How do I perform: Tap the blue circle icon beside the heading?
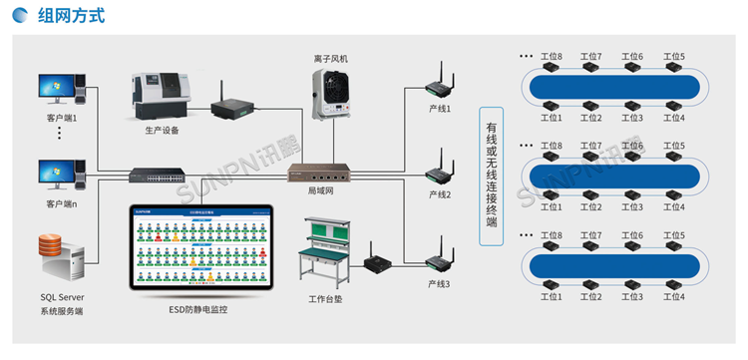pyautogui.click(x=20, y=17)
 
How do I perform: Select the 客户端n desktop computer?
pyautogui.click(x=60, y=176)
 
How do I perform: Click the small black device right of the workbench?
pyautogui.click(x=377, y=263)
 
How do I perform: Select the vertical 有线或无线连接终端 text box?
pyautogui.click(x=491, y=174)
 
